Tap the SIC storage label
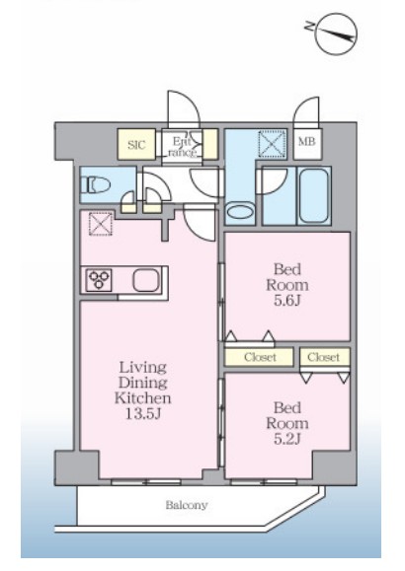136,145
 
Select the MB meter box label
307,141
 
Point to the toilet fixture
96,184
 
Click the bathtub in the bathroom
313,195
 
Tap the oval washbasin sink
240,211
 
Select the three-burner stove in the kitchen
99,280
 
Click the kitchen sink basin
145,280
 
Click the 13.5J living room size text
142,413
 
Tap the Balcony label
187,505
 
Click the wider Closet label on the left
260,357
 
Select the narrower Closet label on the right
323,357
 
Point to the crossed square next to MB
272,144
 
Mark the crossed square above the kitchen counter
101,224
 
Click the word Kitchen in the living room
142,397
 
